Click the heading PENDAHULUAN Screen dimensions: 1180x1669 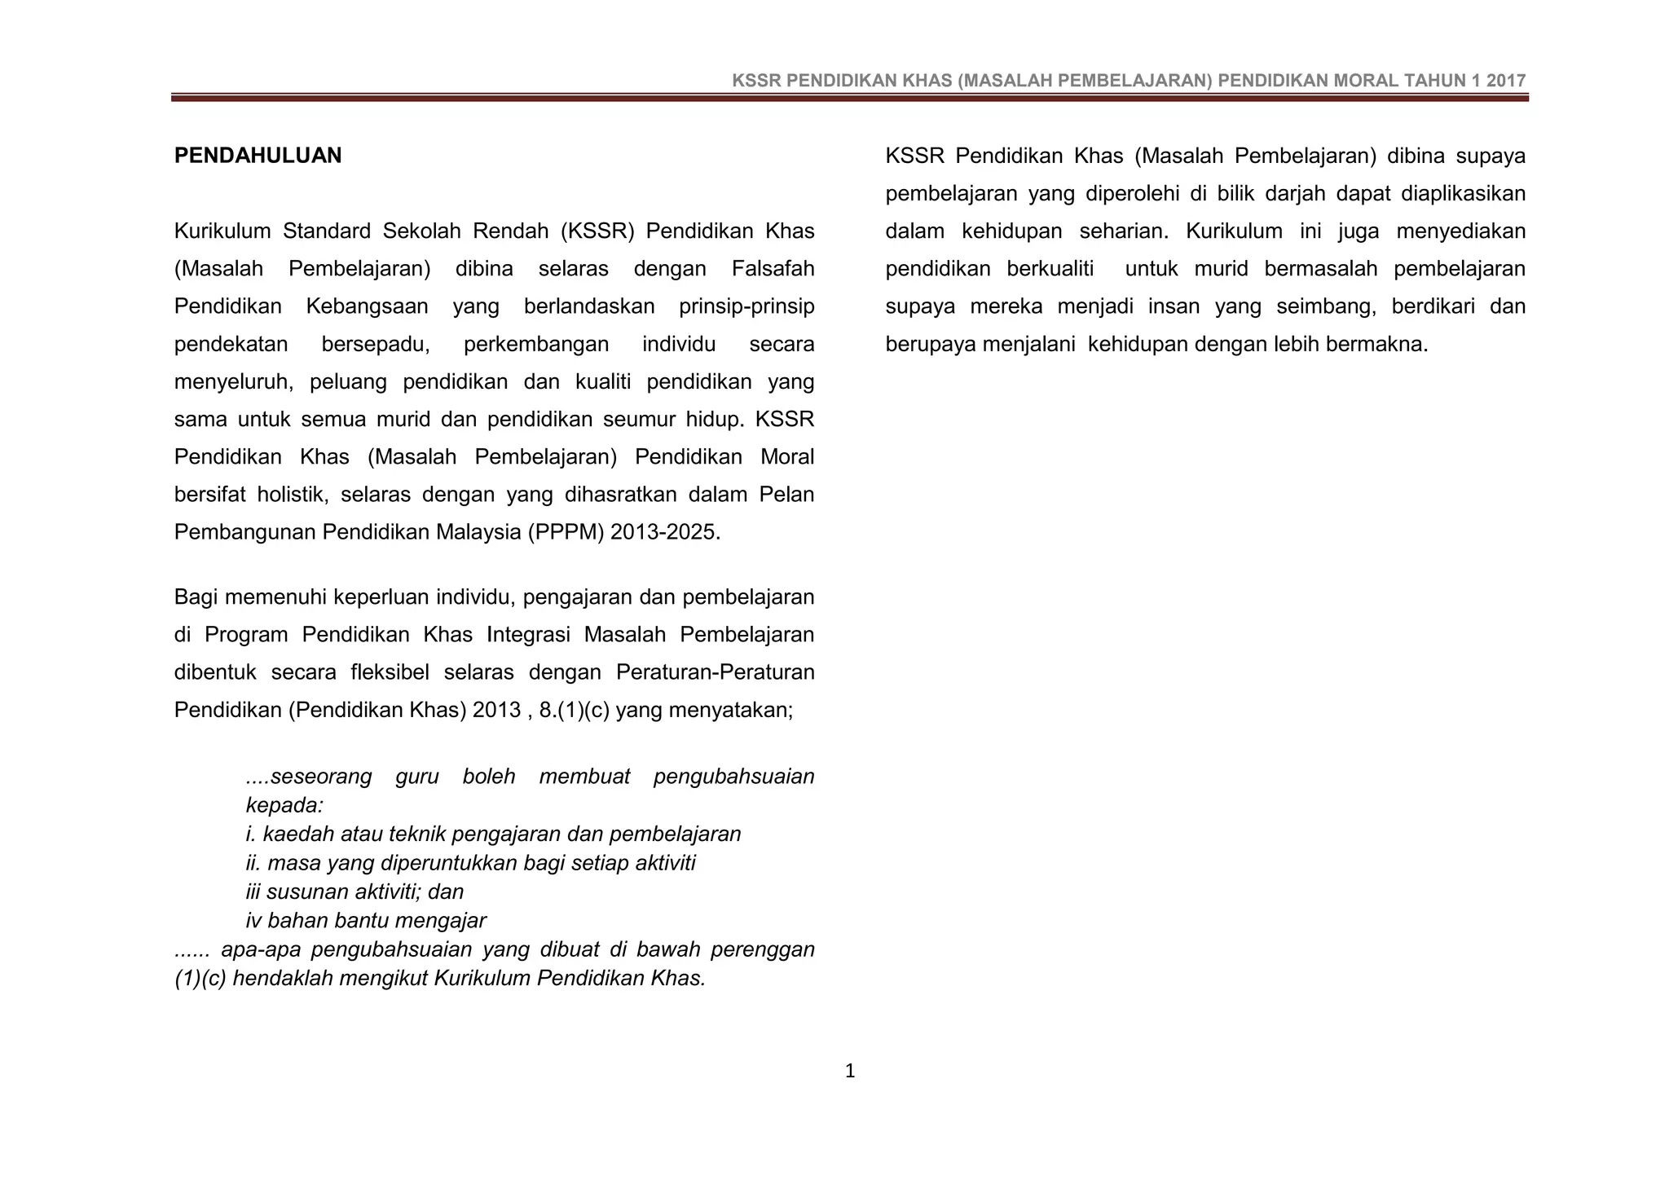[258, 156]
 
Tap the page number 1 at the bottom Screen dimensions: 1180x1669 [850, 1071]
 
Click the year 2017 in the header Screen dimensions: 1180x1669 [1506, 81]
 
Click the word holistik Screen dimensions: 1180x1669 [290, 495]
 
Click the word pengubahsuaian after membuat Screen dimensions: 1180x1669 [733, 776]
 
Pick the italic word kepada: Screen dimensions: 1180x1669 [284, 805]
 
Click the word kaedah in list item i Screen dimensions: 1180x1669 [297, 834]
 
